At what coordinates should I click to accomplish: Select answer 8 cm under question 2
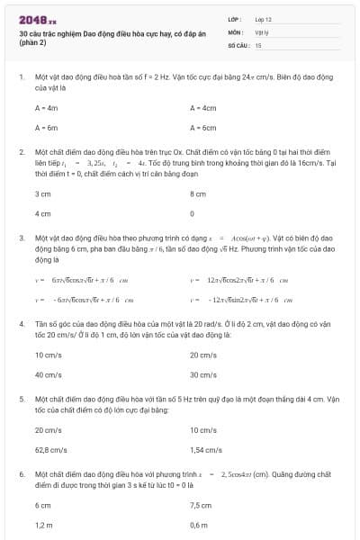click(199, 193)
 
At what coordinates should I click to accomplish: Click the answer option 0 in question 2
click(193, 214)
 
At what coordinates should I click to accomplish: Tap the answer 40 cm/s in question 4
click(48, 373)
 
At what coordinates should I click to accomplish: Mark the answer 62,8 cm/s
click(51, 448)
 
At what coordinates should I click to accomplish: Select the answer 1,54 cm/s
click(206, 448)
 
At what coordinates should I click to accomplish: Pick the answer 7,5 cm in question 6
click(201, 505)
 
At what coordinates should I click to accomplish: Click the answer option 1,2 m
click(43, 525)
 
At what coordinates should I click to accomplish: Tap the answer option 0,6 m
click(200, 525)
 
